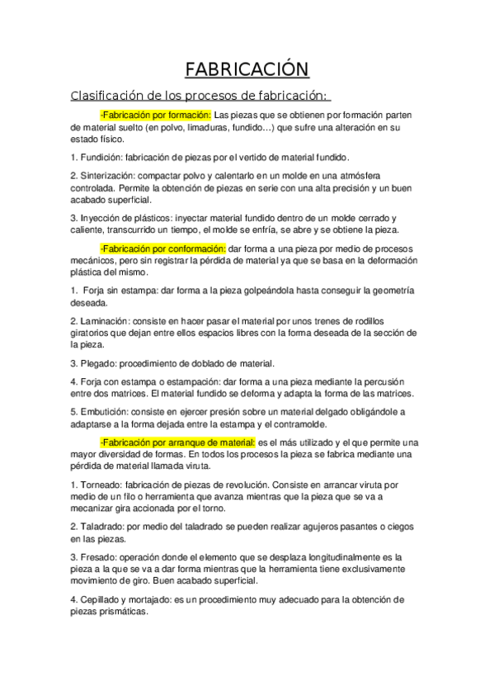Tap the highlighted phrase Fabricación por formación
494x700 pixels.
(156, 115)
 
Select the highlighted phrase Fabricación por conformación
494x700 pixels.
(162, 248)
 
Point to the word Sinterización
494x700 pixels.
(106, 176)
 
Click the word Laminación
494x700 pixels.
(104, 319)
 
